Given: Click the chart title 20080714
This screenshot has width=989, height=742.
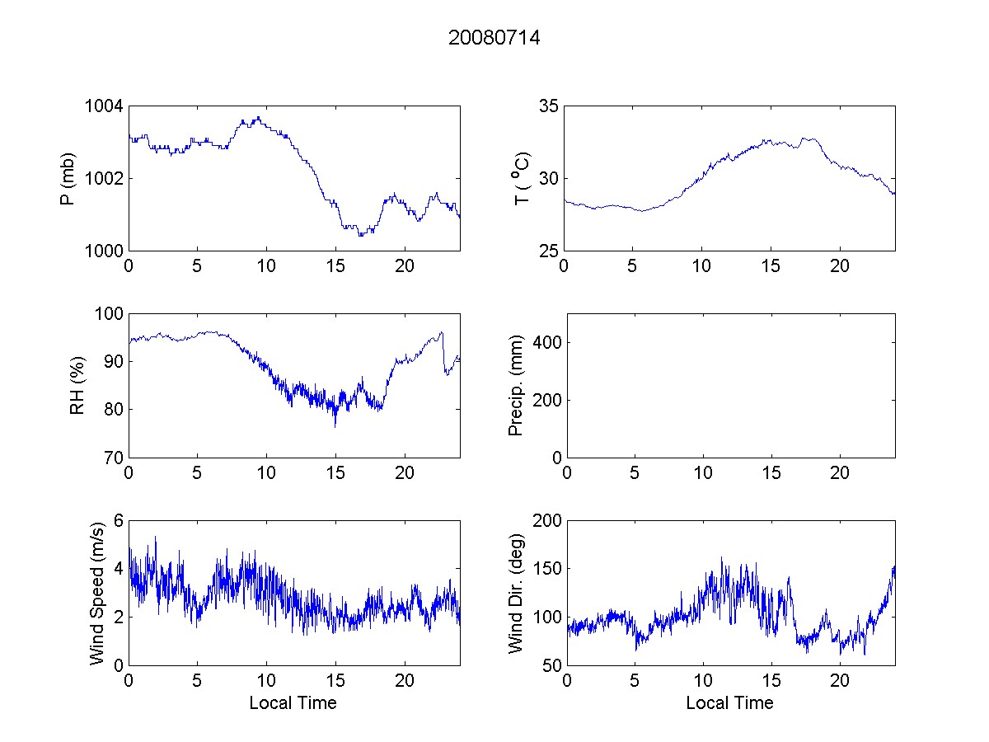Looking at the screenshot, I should [494, 38].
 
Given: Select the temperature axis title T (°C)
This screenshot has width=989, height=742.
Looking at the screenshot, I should [521, 179].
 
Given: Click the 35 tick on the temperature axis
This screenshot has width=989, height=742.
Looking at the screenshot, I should [548, 106].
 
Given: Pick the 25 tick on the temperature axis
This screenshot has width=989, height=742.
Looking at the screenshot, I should [548, 251].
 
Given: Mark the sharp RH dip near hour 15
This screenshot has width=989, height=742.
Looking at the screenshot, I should [335, 425].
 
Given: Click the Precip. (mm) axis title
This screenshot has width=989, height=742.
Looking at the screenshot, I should [516, 385].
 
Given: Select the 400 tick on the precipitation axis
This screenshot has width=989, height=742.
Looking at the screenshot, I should [543, 342].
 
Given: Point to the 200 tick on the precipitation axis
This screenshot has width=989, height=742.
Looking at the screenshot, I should [543, 400].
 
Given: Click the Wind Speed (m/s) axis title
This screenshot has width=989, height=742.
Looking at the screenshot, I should [96, 592].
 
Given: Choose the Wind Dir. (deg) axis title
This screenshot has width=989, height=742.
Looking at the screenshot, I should [516, 592].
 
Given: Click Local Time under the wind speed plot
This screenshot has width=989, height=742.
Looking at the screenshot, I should [293, 703].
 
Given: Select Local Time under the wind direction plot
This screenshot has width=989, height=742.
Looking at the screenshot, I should [729, 703].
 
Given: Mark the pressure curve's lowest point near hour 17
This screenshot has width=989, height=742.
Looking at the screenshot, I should [360, 236].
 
